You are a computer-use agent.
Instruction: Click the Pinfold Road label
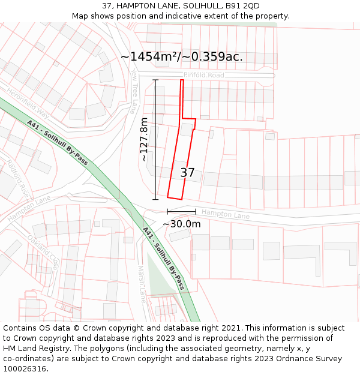(x=203, y=75)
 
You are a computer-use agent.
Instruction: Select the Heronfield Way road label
(x=27, y=102)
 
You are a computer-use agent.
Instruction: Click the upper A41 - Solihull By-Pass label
(x=58, y=142)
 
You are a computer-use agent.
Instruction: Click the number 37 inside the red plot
(x=187, y=173)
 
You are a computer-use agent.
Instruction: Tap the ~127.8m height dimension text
(x=144, y=140)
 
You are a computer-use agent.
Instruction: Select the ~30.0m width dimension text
(x=181, y=224)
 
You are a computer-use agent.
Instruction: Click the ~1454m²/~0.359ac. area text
(x=182, y=56)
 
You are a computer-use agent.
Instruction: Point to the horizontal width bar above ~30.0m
(x=181, y=211)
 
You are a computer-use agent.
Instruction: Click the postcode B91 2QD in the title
(x=244, y=6)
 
